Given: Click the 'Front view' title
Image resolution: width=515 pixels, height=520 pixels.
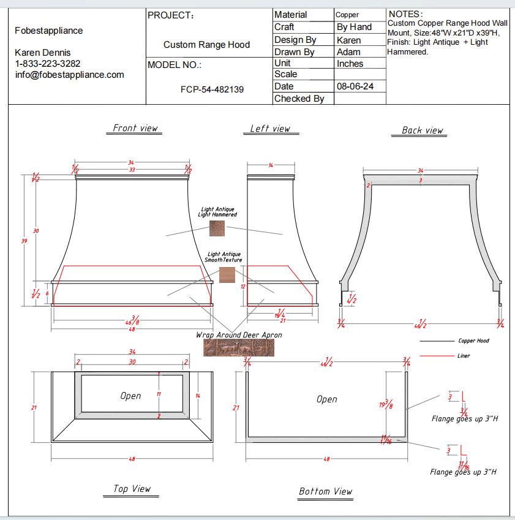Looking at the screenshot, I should click(x=135, y=128).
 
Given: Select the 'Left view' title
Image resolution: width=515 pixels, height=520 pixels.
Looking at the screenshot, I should click(x=270, y=129).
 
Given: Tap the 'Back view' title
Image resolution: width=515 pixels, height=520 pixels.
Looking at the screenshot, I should click(x=422, y=130).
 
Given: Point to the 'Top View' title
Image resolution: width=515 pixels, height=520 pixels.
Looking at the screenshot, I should click(x=132, y=488).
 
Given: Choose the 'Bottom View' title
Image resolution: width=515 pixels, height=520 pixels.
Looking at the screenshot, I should click(x=325, y=491).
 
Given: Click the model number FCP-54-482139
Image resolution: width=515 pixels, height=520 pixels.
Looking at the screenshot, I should click(x=212, y=89).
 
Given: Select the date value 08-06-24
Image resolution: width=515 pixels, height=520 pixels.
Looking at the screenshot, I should click(x=355, y=86).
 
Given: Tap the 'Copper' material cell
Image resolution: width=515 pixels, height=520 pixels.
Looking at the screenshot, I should click(x=347, y=15).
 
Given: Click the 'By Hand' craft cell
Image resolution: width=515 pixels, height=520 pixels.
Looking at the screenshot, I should click(x=354, y=27).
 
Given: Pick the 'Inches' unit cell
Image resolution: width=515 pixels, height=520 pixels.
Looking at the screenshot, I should click(x=350, y=64).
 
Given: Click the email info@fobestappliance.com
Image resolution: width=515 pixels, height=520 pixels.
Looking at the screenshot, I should click(x=70, y=75).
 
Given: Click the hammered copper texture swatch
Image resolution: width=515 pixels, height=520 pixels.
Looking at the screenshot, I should click(x=217, y=228).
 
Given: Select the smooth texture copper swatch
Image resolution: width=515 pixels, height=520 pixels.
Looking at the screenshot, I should click(x=227, y=274).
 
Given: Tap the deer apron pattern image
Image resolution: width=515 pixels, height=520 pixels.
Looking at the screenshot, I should click(x=239, y=348).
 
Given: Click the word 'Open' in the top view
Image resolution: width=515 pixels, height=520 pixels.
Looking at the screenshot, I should click(x=130, y=396).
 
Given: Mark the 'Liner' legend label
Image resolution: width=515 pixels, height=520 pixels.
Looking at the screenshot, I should click(x=464, y=356).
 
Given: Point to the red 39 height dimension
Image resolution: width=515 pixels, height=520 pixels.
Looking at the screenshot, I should click(x=24, y=241).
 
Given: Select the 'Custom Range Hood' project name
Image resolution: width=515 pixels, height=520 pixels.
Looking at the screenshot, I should click(x=206, y=45).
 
